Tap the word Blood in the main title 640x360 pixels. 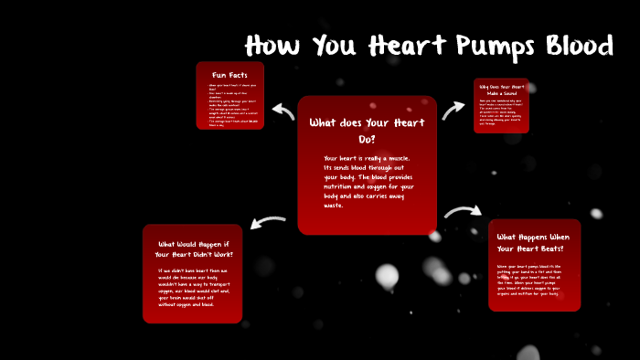pyautogui.click(x=575, y=46)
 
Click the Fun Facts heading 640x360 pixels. pyautogui.click(x=230, y=75)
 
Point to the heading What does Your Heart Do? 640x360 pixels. pyautogui.click(x=367, y=130)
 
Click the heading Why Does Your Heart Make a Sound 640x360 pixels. pyautogui.click(x=501, y=90)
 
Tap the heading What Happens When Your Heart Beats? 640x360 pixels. pyautogui.click(x=533, y=243)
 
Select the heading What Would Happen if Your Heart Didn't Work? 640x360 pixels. pyautogui.click(x=193, y=249)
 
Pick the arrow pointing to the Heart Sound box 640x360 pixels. pyautogui.click(x=453, y=111)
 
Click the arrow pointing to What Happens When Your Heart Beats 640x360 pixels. pyautogui.click(x=463, y=214)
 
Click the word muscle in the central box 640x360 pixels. pyautogui.click(x=408, y=159)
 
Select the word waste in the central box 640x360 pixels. pyautogui.click(x=334, y=206)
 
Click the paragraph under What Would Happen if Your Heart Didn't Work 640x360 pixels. pyautogui.click(x=192, y=289)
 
